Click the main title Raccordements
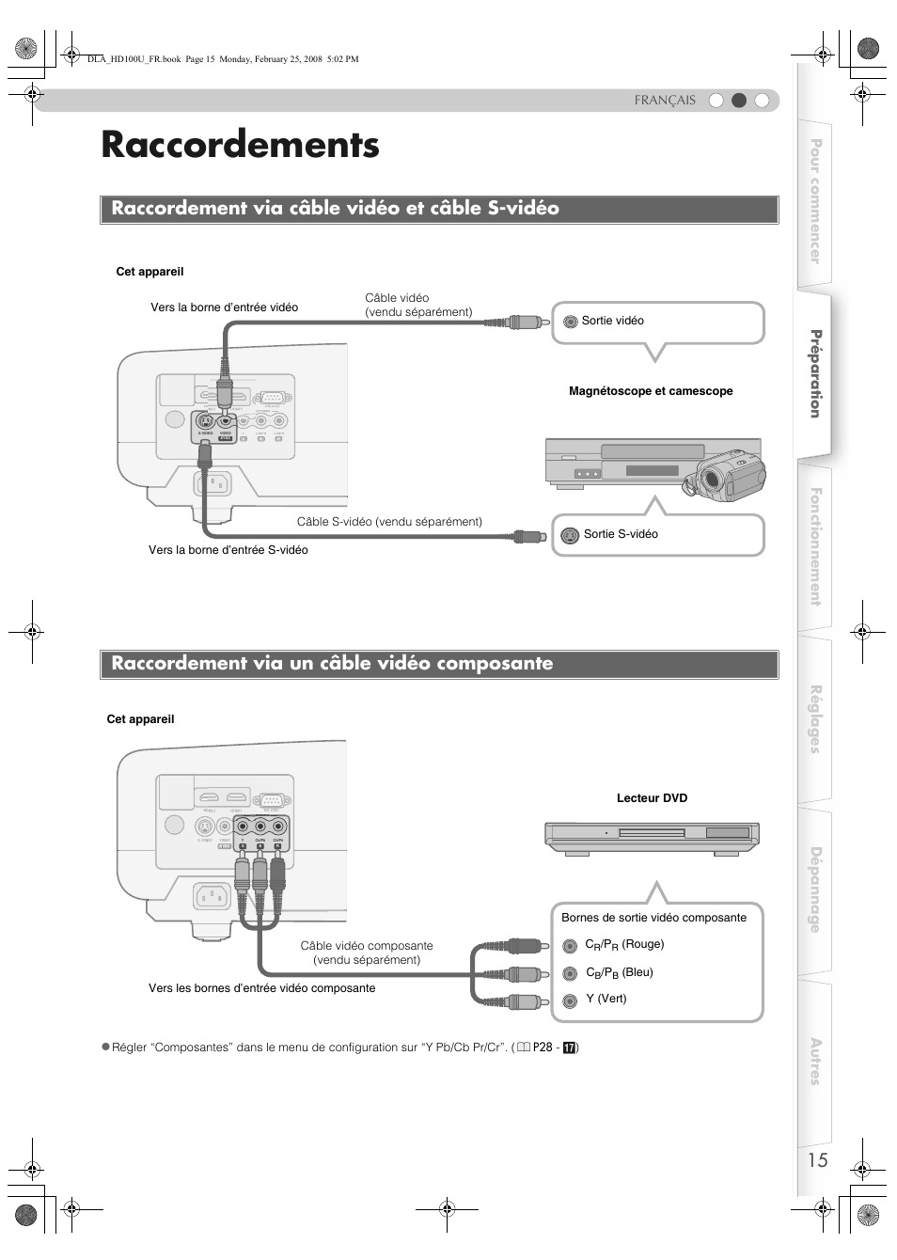[240, 145]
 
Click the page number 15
[817, 1159]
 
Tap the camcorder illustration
[725, 473]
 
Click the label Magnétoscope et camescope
[651, 391]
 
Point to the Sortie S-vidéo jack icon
[569, 536]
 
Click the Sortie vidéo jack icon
[570, 322]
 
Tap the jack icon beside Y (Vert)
[570, 1001]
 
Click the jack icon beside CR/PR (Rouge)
[570, 946]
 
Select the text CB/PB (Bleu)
[619, 972]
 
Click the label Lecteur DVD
[652, 798]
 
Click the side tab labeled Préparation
[815, 373]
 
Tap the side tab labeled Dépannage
[815, 890]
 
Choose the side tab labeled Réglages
[815, 718]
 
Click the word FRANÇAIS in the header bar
[665, 101]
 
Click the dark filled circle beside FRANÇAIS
[739, 101]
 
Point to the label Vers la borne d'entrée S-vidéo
[228, 550]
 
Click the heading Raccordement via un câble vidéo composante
[332, 664]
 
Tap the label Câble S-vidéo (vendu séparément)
[389, 522]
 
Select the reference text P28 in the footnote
[543, 1047]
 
